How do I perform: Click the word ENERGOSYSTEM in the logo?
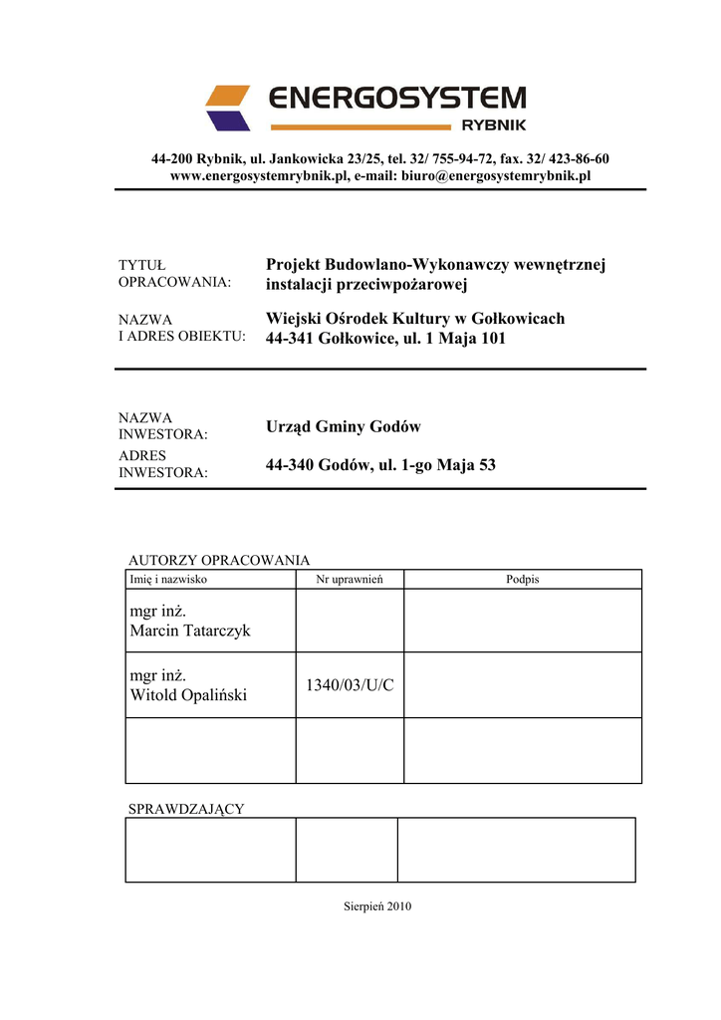(x=397, y=98)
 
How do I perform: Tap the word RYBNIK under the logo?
(x=494, y=126)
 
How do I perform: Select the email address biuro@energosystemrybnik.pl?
(x=496, y=175)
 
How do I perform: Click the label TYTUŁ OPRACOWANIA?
(x=174, y=273)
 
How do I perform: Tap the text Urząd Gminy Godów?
(x=344, y=426)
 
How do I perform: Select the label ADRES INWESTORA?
(x=163, y=464)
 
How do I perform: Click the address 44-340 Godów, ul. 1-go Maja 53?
(x=380, y=465)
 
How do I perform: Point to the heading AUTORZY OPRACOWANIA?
(x=219, y=560)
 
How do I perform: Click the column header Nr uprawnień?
(x=350, y=579)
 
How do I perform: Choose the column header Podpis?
(x=522, y=579)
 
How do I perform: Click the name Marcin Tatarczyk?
(x=190, y=632)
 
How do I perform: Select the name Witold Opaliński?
(x=188, y=695)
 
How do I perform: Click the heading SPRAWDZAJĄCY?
(x=186, y=809)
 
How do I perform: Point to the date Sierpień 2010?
(x=377, y=906)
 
